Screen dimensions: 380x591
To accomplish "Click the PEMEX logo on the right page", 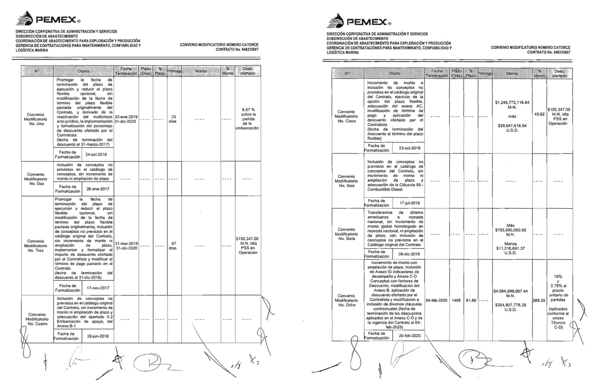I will click(359, 22).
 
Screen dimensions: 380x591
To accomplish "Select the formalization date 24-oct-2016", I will click(97, 154).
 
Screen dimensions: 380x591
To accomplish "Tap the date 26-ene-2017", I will click(98, 189).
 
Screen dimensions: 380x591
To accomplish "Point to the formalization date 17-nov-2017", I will click(98, 288).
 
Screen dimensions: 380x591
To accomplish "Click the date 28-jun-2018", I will click(98, 336).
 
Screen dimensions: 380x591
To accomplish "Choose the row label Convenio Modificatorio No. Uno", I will click(37, 119).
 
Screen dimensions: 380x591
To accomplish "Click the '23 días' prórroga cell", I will click(173, 119).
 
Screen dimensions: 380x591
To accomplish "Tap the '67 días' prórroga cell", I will click(173, 246).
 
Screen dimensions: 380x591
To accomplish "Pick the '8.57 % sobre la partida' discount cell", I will click(248, 119).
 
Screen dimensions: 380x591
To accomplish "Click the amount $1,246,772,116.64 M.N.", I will click(512, 105).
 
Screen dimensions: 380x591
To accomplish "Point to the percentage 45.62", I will click(539, 114).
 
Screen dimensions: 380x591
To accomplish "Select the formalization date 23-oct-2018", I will click(409, 148).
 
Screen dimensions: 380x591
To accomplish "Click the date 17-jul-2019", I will click(409, 203).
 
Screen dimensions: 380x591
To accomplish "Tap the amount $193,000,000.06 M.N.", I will click(510, 230).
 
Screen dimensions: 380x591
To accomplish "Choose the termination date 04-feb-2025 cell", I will click(436, 300).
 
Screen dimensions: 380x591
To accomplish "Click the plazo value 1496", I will click(456, 300).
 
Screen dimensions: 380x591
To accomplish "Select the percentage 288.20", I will click(539, 300).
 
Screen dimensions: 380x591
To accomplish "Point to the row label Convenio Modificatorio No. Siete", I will click(347, 234).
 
